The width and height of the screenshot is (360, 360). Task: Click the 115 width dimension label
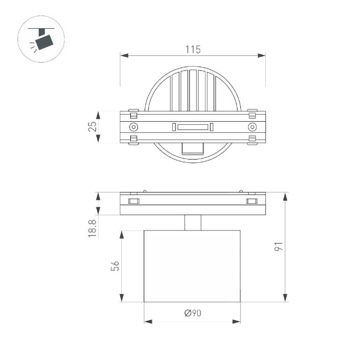coord(192,49)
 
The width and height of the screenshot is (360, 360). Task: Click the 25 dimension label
coord(92,126)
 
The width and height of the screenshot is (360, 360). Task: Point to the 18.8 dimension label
coord(92,228)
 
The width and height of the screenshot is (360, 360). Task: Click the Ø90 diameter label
coord(192,313)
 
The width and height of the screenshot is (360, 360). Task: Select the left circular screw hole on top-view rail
coord(133,127)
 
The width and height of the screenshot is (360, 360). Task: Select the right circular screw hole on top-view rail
coord(252,127)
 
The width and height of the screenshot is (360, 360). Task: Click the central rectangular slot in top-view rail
coord(192,127)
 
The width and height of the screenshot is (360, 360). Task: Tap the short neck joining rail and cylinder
coord(192,222)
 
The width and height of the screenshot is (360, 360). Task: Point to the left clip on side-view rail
coord(133,200)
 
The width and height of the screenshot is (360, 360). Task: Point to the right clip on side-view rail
coord(252,200)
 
